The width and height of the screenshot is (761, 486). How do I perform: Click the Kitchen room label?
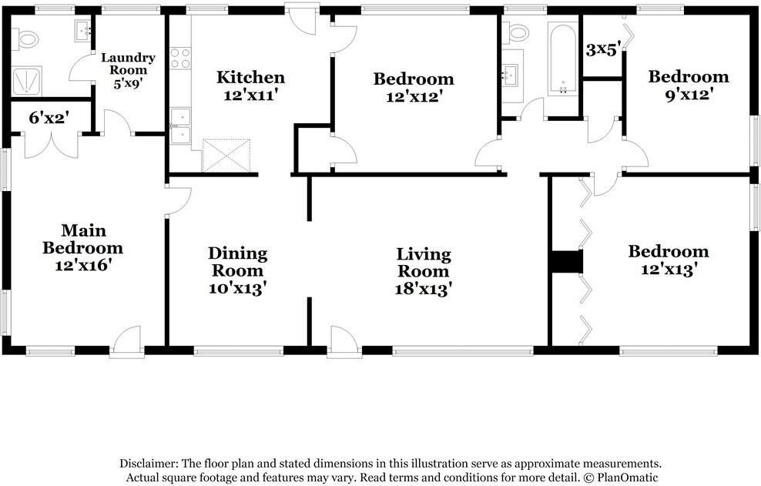click(x=250, y=77)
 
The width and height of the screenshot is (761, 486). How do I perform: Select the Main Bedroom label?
click(x=82, y=239)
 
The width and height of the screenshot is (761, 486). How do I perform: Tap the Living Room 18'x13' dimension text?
click(x=424, y=289)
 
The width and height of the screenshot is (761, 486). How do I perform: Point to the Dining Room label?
click(x=238, y=262)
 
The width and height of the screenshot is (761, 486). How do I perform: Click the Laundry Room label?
click(x=128, y=64)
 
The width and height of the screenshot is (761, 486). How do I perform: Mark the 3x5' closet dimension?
click(x=602, y=50)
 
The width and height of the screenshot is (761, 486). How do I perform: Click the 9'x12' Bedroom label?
click(x=688, y=85)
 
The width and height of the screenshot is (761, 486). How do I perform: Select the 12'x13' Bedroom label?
click(x=669, y=260)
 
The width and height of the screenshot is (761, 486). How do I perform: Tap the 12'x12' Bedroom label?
click(x=414, y=87)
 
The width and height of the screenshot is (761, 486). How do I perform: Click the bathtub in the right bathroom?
click(x=562, y=59)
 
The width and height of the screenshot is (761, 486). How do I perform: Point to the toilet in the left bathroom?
click(x=28, y=38)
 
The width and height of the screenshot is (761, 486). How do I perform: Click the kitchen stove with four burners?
click(x=180, y=59)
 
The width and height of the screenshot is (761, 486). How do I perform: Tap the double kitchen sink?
click(x=180, y=126)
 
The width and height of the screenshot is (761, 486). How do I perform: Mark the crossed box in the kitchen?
click(x=226, y=155)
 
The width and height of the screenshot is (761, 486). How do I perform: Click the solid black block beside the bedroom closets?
click(x=568, y=262)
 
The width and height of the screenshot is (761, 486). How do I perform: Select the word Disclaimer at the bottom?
click(x=149, y=464)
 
